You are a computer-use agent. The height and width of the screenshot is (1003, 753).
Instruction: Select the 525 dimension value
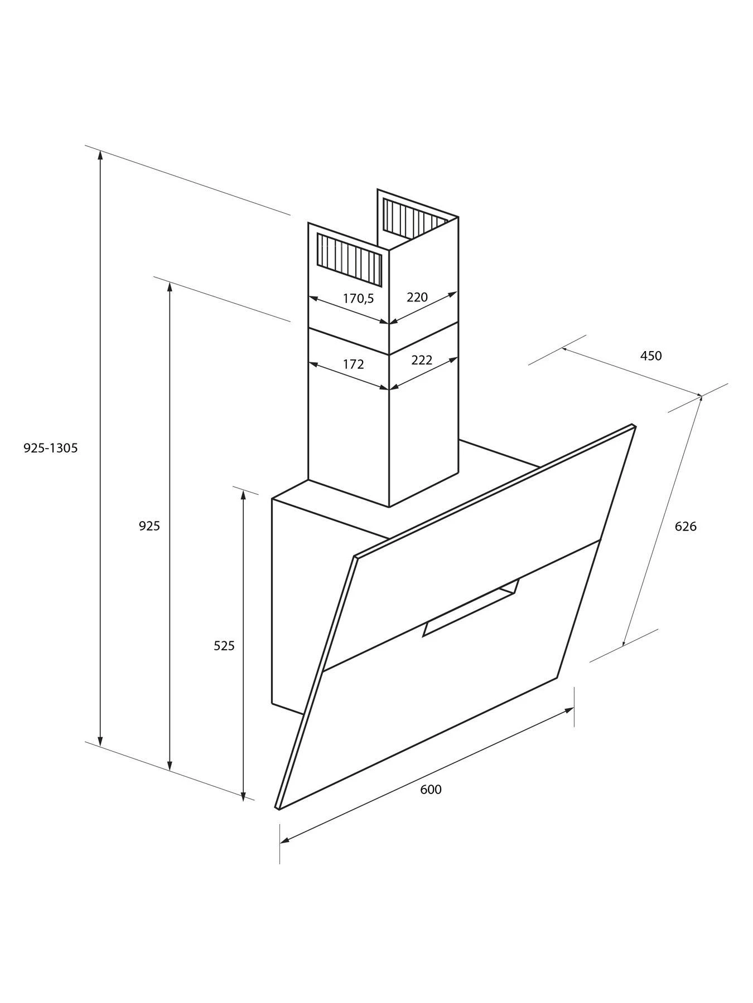coord(224,646)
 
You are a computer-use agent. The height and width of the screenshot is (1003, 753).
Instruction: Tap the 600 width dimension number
coord(431,789)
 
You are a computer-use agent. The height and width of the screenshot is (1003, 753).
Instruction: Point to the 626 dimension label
coord(686,526)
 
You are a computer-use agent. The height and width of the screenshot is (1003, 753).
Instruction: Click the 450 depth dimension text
coord(650,356)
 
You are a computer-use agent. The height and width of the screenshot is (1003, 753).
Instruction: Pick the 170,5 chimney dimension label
coord(358,299)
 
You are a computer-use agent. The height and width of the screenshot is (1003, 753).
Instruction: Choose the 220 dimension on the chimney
coord(417,297)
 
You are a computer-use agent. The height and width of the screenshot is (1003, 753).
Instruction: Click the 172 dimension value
coord(353,364)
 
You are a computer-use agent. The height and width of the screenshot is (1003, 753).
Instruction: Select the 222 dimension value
coord(422,360)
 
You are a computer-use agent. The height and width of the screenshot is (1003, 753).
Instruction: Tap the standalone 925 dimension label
coord(149,525)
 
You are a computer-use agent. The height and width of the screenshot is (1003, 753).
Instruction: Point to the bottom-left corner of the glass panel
coord(277,809)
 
